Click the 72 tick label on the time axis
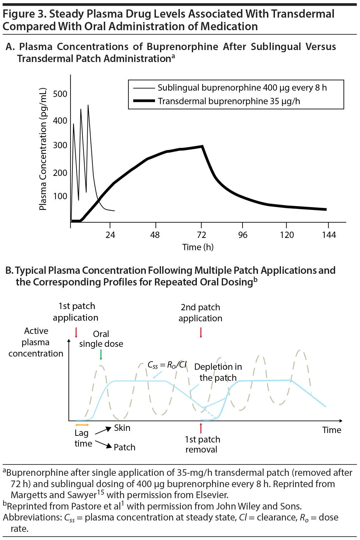pos(201,235)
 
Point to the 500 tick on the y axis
pos(60,94)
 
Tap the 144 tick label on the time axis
pos(329,235)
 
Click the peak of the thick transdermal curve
pos(202,146)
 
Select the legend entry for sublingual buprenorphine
pos(242,88)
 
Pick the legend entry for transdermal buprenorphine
pos(229,101)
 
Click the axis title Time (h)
pos(198,247)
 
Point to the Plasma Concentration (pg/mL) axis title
pos(43,149)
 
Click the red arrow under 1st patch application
pos(76,332)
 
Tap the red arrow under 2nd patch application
pos(201,332)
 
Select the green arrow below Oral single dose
pos(101,355)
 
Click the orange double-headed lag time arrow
pos(82,425)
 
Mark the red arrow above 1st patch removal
pos(201,428)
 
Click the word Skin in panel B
pos(122,428)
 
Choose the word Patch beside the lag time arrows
pos(124,447)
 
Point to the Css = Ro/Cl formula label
pos(167,365)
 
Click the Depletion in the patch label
pos(218,372)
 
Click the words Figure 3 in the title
pos(24,14)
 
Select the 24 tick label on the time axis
pos(110,235)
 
